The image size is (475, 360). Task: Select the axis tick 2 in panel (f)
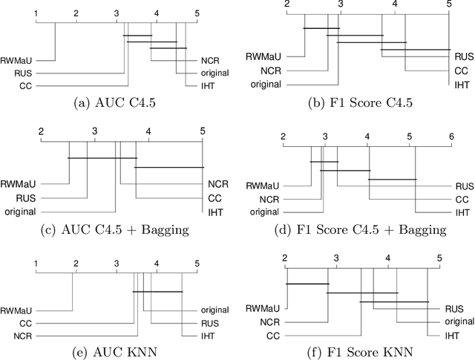[x=284, y=258]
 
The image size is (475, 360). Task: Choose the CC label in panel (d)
[x=462, y=199]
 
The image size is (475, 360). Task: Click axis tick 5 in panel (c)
[x=203, y=132]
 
